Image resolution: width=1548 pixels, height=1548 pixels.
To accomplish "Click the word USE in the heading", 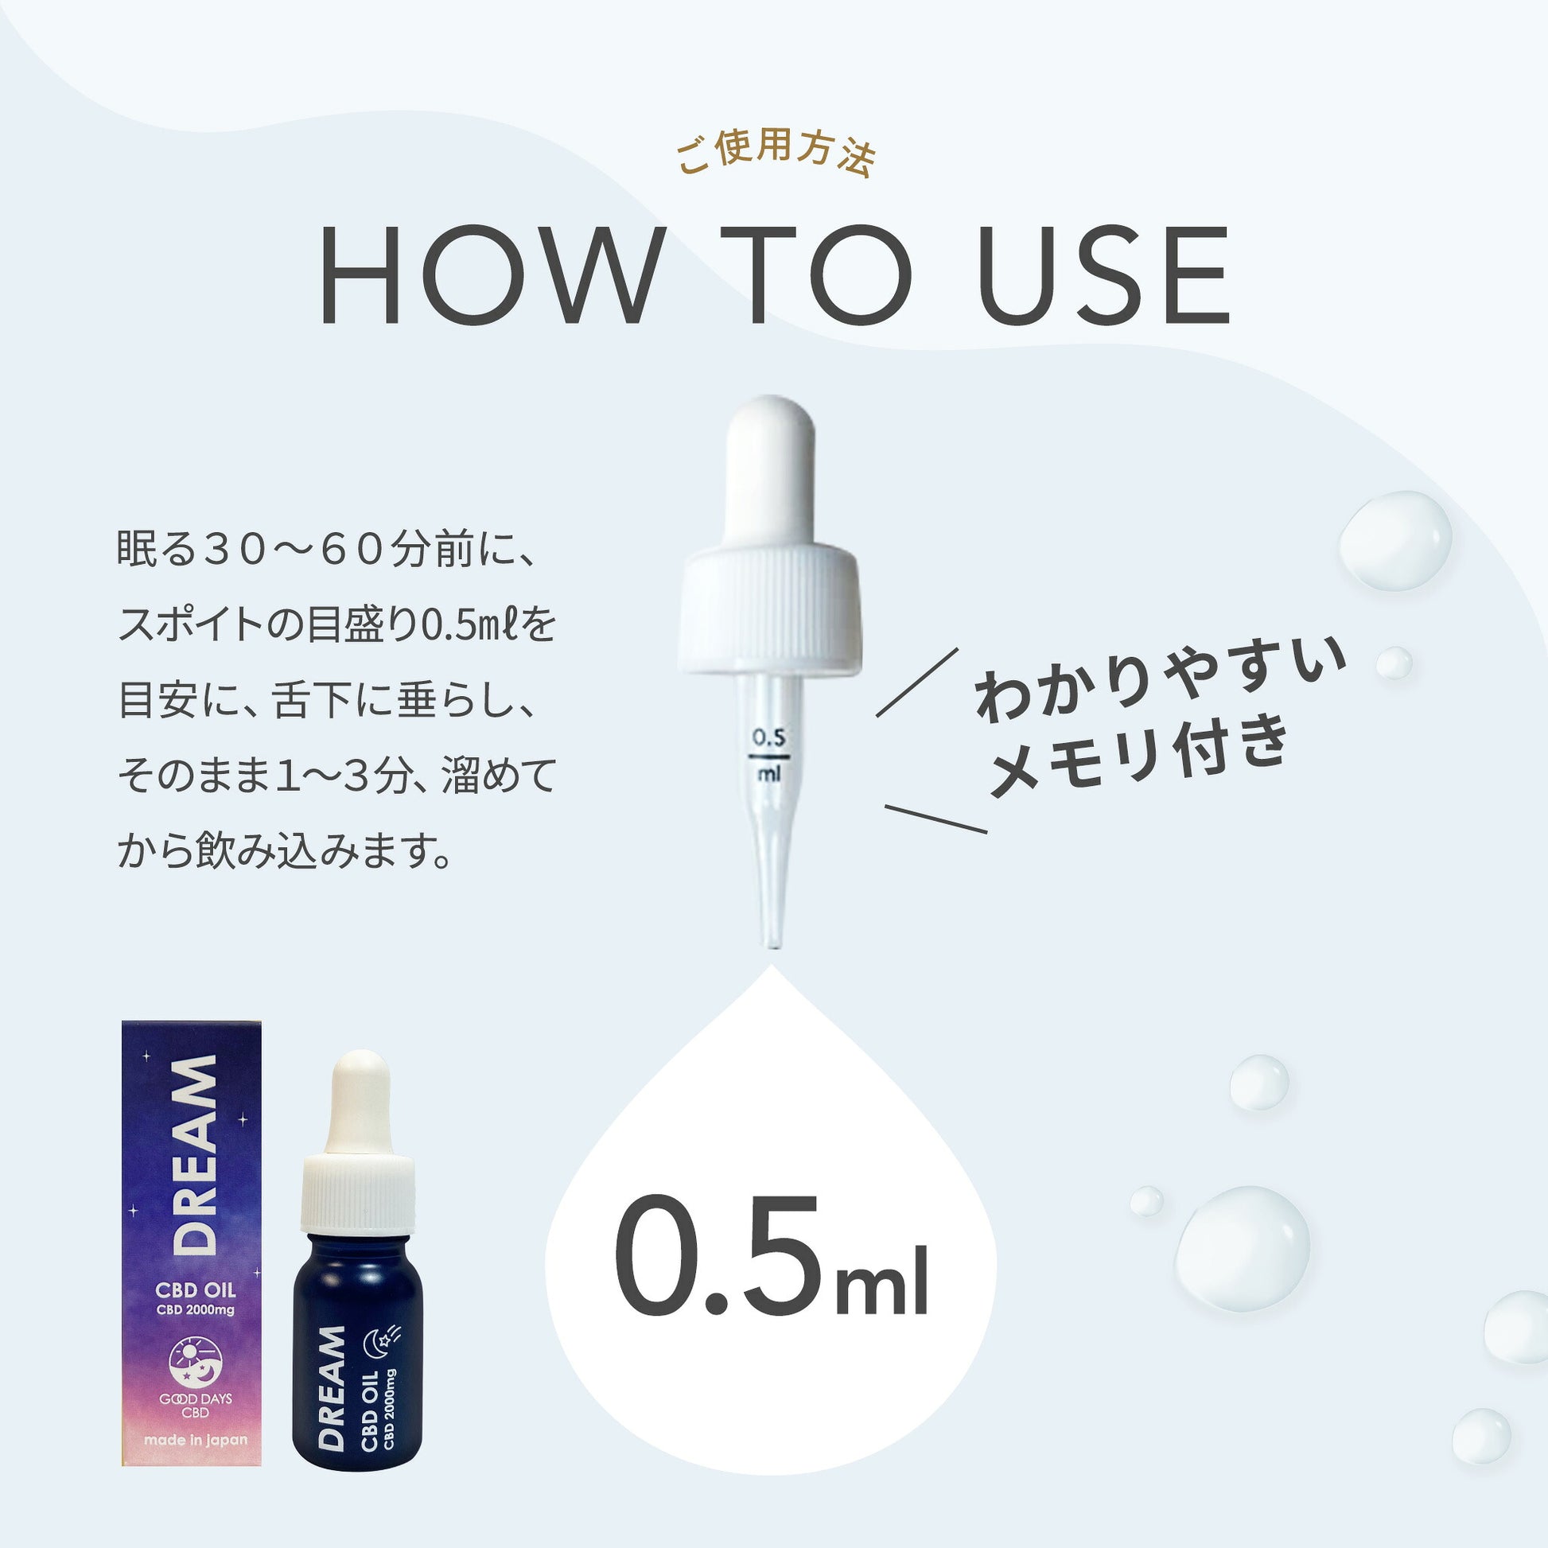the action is pyautogui.click(x=1103, y=274).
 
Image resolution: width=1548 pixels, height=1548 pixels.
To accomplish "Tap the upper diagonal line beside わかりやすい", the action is pyautogui.click(x=916, y=682).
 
